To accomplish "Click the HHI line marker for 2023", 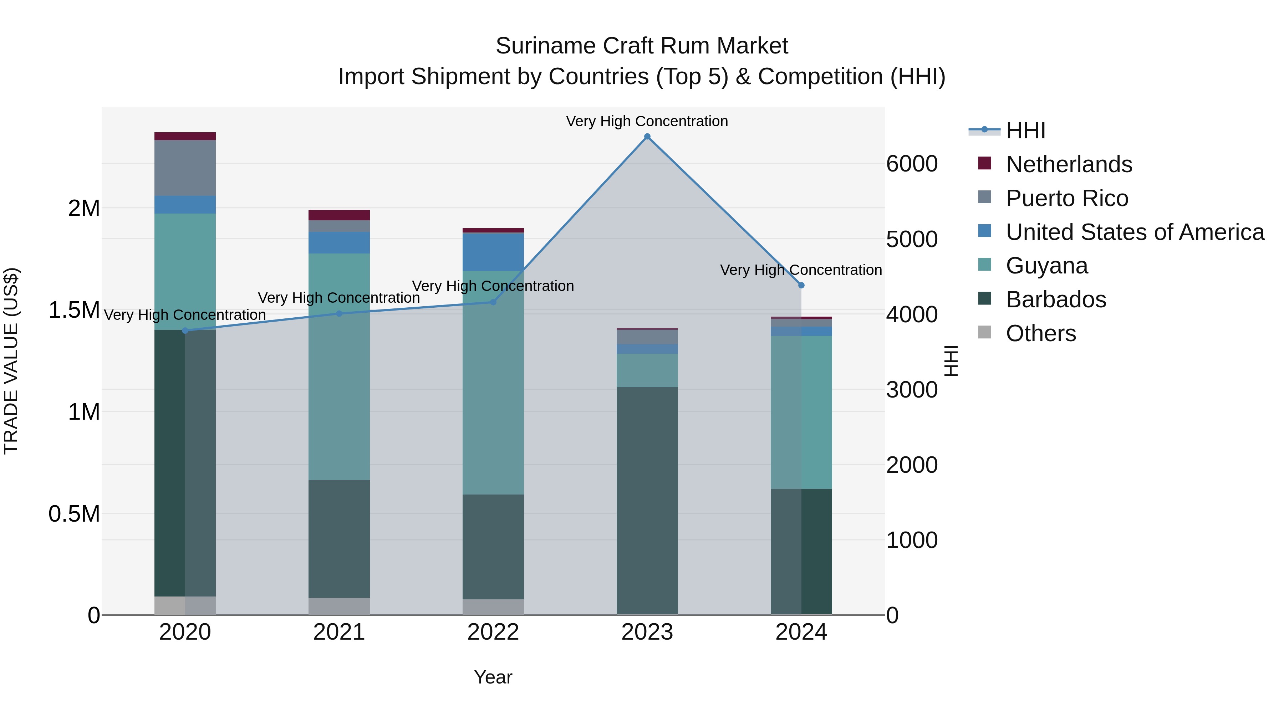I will click(x=647, y=137).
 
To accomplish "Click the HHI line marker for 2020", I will click(x=185, y=331).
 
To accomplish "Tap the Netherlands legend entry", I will click(x=1068, y=164).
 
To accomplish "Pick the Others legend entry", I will click(x=1040, y=333).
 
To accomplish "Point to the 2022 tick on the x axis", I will click(x=493, y=632).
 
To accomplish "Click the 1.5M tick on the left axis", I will click(x=74, y=310).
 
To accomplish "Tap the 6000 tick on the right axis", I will click(x=912, y=164).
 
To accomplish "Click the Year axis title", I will click(x=493, y=677).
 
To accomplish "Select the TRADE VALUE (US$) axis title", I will click(x=11, y=361).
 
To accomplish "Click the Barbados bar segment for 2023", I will click(x=647, y=500).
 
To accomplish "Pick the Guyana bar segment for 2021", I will click(x=339, y=366).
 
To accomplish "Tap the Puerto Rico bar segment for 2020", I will click(x=185, y=168).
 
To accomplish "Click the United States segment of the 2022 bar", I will click(x=493, y=252).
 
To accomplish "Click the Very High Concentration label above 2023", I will click(x=647, y=121).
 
